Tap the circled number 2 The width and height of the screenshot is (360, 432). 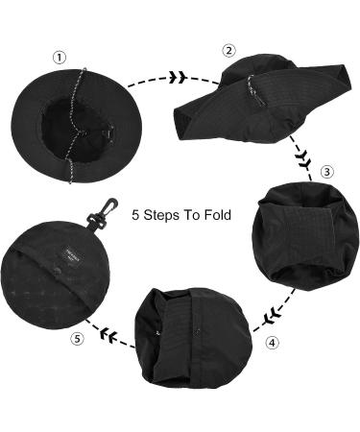tap(228, 51)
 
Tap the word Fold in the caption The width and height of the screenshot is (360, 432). tap(216, 215)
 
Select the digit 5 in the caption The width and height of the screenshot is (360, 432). tap(136, 215)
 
